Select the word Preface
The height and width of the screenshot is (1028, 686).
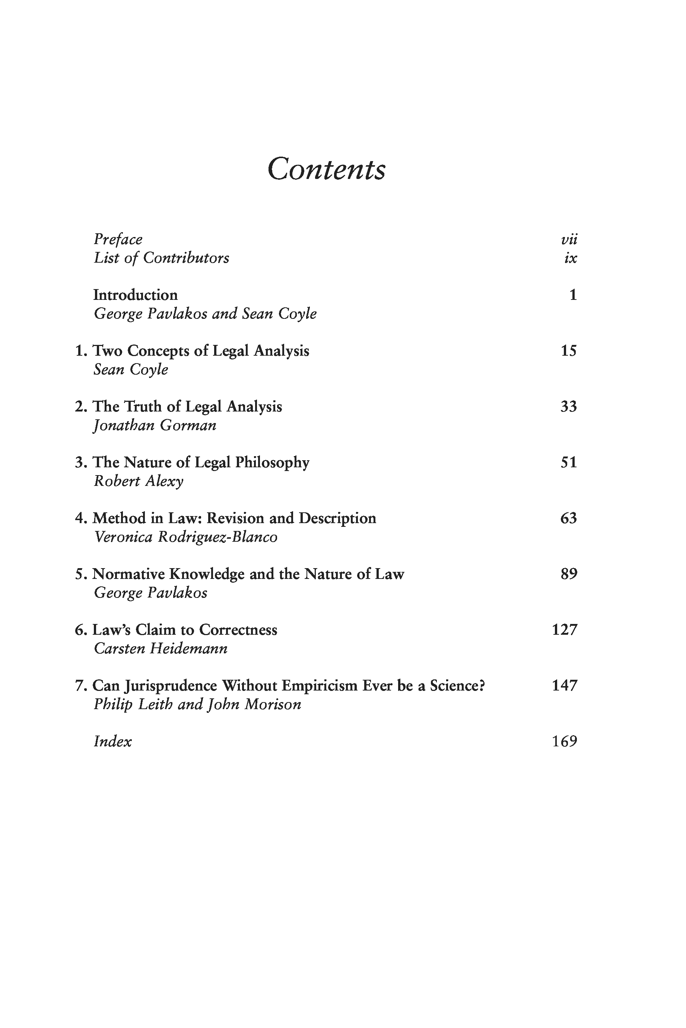118,240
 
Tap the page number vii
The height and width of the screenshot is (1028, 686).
569,240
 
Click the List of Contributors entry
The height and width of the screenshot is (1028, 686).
161,258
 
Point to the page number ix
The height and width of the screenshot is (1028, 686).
571,258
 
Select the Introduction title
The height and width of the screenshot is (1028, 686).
136,295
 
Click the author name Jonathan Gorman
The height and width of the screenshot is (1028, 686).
155,425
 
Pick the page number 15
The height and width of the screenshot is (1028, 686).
569,350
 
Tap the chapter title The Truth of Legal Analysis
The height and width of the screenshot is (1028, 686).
187,407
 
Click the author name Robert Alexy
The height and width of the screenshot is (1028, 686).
139,481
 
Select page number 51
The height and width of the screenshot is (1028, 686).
569,462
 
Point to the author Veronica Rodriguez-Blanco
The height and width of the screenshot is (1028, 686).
185,537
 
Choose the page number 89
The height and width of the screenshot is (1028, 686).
569,574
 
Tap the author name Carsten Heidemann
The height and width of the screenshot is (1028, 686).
161,648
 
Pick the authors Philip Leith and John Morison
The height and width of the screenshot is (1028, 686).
197,704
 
